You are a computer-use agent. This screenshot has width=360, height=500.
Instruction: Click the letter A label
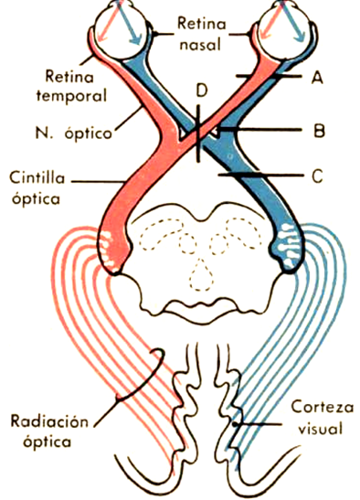click(317, 80)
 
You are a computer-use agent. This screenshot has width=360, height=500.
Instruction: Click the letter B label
click(318, 131)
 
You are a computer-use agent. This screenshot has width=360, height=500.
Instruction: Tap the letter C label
click(317, 177)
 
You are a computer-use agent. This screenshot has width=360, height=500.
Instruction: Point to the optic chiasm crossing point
click(203, 134)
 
